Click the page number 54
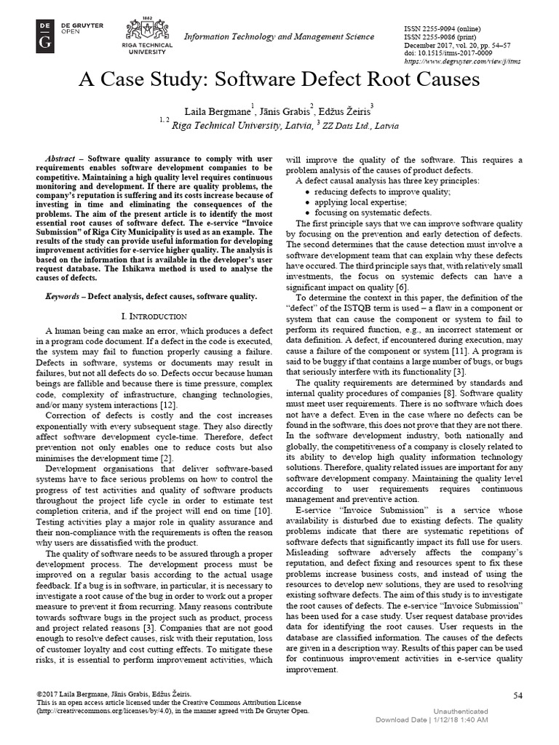518,696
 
